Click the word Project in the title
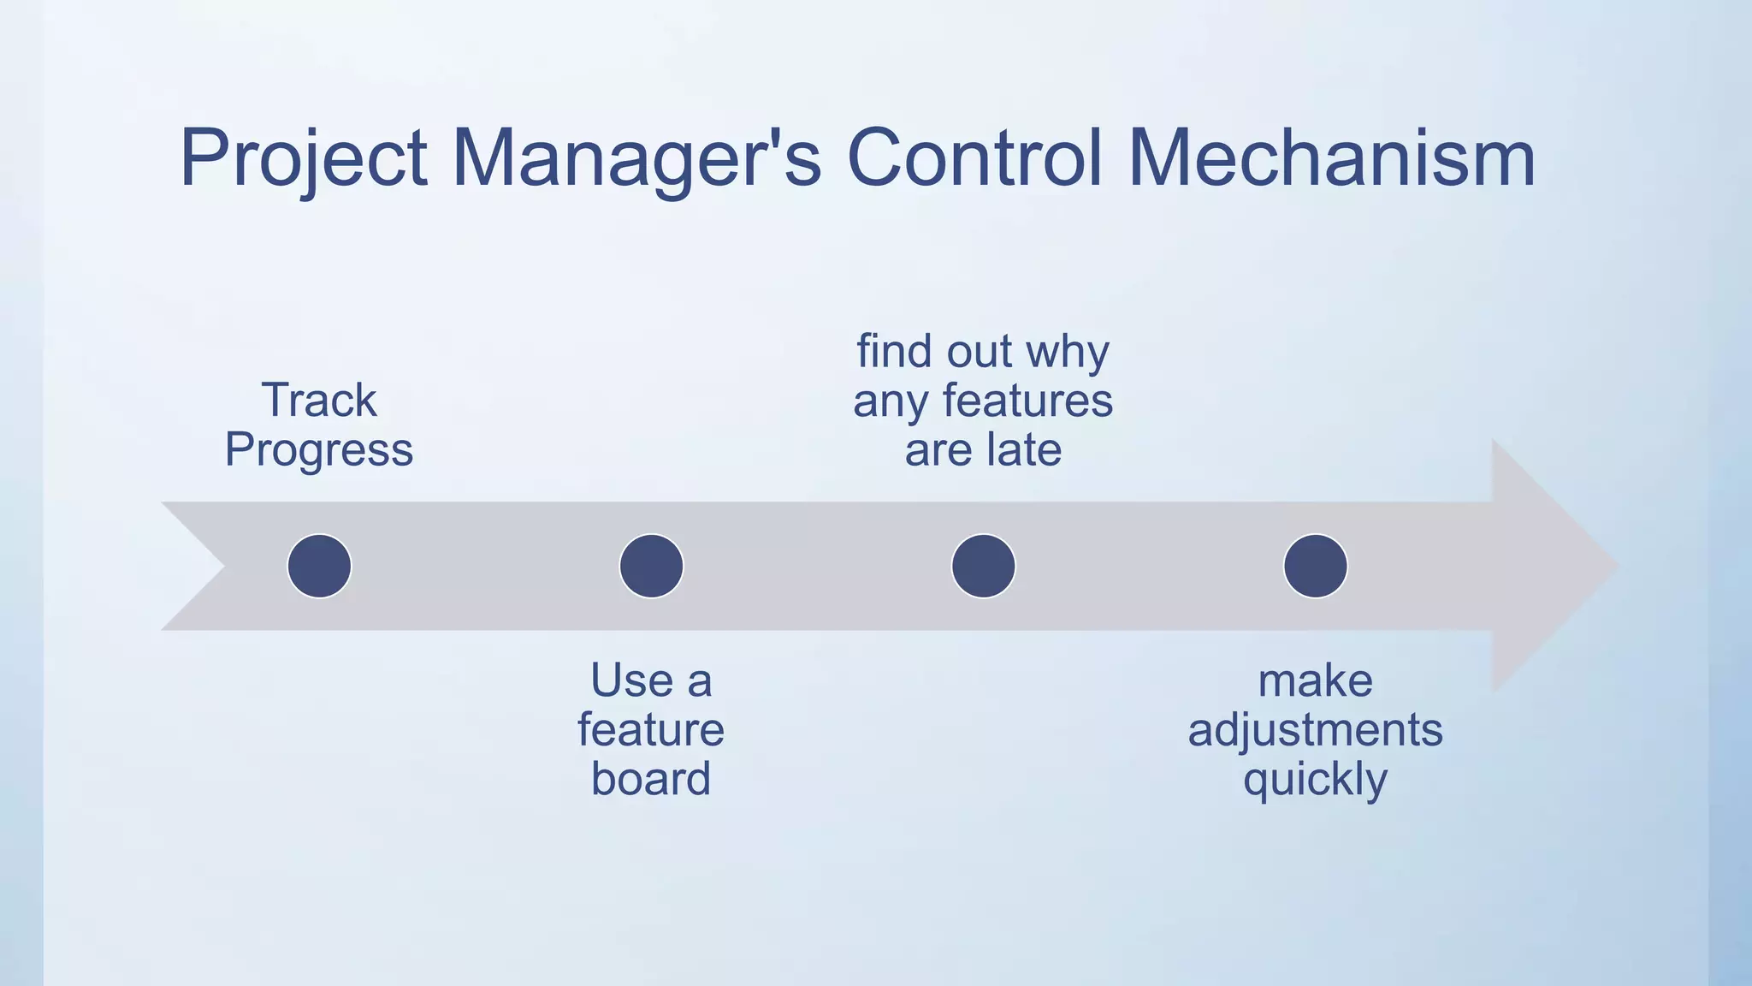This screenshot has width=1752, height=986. pos(304,159)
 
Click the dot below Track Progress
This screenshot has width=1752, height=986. pos(319,566)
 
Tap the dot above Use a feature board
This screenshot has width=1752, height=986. pos(651,566)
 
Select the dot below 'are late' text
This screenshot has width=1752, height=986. pos(983,566)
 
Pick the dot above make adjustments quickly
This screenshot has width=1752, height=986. pos(1315,566)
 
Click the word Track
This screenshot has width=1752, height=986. pos(319,400)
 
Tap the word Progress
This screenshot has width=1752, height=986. pos(319,450)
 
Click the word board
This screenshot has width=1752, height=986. pos(651,779)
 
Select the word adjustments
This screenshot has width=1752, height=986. pos(1315,731)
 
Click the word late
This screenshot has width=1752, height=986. pos(1023,450)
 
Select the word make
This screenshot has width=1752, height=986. pos(1315,681)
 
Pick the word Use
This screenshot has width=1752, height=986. pos(631,681)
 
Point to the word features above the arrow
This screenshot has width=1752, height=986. pos(1027,401)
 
